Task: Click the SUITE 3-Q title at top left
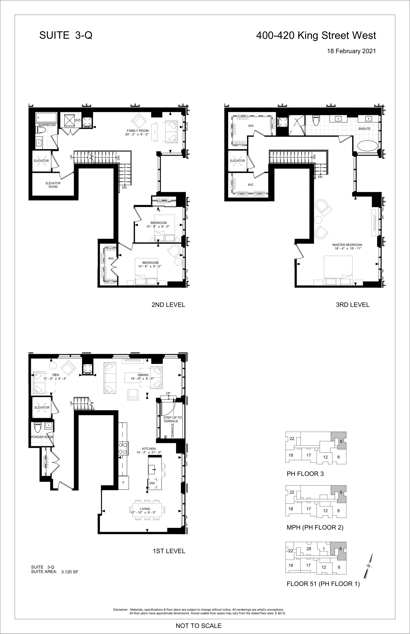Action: [x=66, y=35]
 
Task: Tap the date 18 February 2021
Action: [x=351, y=51]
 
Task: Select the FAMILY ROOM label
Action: [x=138, y=131]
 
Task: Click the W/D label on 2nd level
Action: [x=78, y=120]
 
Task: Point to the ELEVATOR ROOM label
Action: [x=53, y=185]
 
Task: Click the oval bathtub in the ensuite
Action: [x=367, y=146]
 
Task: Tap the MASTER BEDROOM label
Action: [x=347, y=245]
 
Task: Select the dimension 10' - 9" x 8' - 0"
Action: [x=158, y=227]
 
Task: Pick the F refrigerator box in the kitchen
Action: [x=124, y=482]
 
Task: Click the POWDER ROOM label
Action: [x=42, y=437]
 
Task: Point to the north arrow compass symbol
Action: [x=369, y=566]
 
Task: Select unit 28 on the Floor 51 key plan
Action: [x=309, y=549]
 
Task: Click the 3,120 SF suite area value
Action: [x=70, y=572]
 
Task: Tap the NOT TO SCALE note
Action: [x=199, y=626]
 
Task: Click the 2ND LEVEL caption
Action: [x=168, y=305]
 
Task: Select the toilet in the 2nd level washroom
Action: [x=41, y=130]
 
